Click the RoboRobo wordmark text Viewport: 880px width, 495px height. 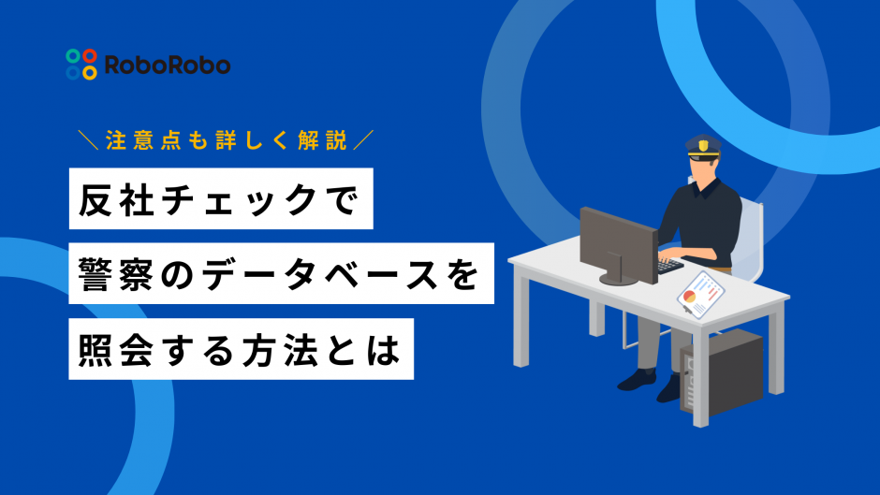168,66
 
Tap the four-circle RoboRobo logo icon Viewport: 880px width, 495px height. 81,65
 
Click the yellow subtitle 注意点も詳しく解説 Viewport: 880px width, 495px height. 227,140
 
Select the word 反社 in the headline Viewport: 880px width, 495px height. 116,199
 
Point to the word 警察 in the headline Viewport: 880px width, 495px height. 116,274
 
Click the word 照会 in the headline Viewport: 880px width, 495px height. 116,350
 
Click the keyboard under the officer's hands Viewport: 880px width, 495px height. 669,264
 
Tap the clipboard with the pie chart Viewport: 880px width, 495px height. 700,295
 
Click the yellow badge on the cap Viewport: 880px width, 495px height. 703,145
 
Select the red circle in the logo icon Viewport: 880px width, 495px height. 90,56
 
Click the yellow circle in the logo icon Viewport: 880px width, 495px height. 90,72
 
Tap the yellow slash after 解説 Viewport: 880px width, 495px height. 363,140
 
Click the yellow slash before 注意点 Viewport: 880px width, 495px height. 89,140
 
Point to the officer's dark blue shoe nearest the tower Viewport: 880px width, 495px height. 667,389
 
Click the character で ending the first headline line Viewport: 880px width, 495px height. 341,200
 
